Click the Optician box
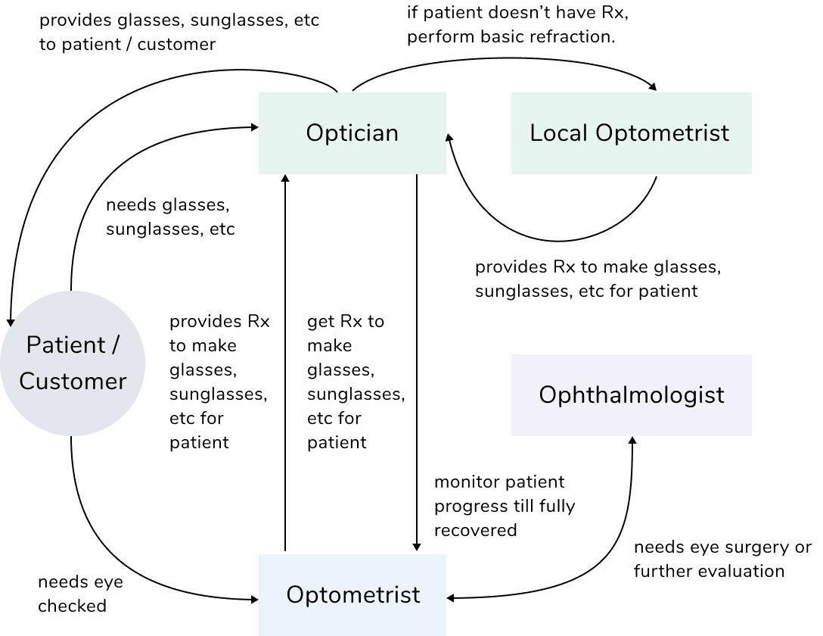click(352, 133)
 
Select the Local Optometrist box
click(631, 133)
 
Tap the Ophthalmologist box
click(631, 394)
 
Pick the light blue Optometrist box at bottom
click(352, 594)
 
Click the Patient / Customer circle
click(73, 363)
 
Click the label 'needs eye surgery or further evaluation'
click(722, 559)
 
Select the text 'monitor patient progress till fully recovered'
click(504, 506)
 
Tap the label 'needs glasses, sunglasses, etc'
click(170, 217)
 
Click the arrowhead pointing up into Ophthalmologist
click(632, 441)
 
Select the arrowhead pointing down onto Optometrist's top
click(417, 548)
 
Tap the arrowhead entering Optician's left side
click(253, 128)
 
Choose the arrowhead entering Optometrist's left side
click(253, 600)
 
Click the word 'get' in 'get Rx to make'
click(319, 322)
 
